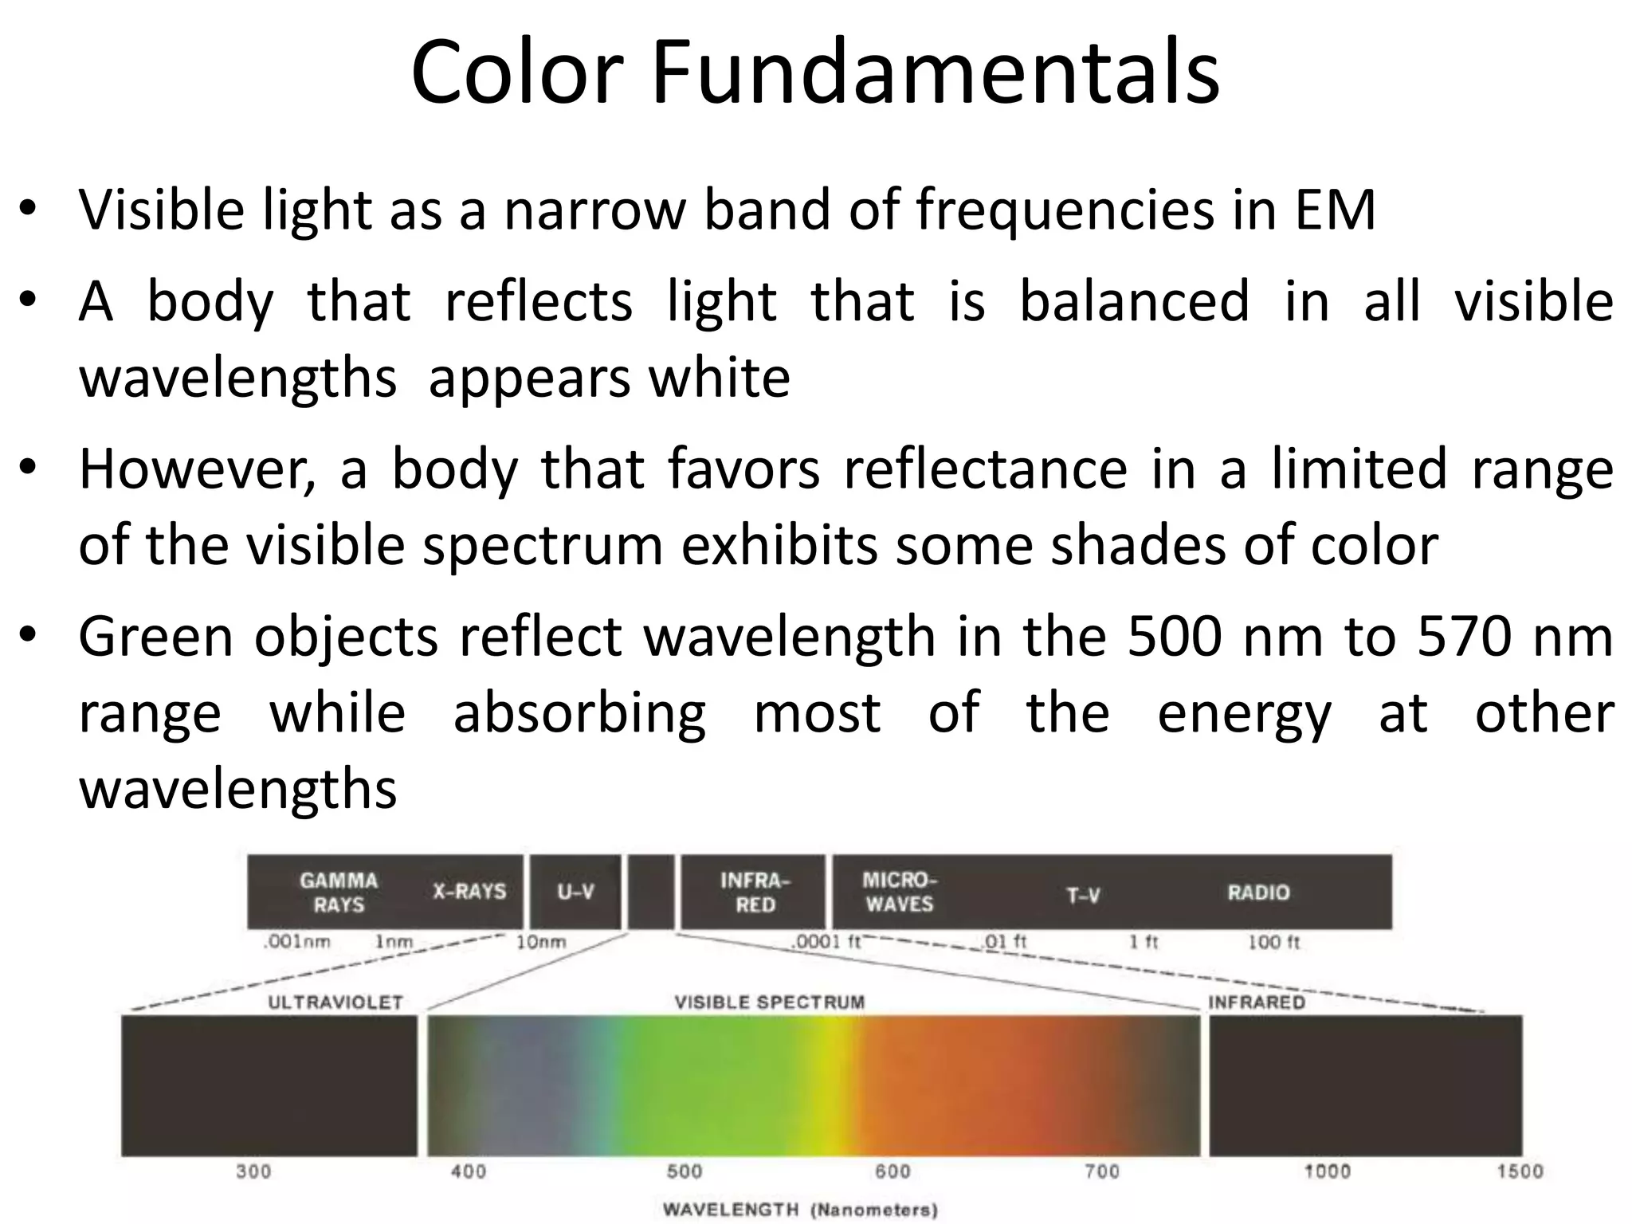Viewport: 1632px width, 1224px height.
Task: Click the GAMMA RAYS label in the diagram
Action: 339,892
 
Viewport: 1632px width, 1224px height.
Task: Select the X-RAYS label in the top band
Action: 469,891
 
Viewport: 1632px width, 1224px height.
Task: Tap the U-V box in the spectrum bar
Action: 575,892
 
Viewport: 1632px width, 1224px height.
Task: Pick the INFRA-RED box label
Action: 755,892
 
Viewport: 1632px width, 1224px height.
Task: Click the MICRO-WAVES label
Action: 899,892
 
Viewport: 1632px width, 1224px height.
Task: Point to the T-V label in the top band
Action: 1083,896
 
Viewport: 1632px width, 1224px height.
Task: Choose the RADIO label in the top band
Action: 1258,892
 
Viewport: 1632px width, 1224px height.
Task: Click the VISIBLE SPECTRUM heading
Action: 770,1002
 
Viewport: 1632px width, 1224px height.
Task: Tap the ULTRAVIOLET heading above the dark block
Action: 335,1002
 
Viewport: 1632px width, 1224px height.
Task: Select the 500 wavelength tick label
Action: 685,1171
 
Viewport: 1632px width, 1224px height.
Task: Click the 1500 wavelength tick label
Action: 1520,1171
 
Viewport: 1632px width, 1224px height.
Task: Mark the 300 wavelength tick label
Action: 253,1171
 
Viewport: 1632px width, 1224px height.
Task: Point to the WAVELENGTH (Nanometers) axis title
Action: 800,1210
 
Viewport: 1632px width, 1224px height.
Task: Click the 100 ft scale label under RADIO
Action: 1273,943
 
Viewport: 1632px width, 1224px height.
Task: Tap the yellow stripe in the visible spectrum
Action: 834,1085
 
